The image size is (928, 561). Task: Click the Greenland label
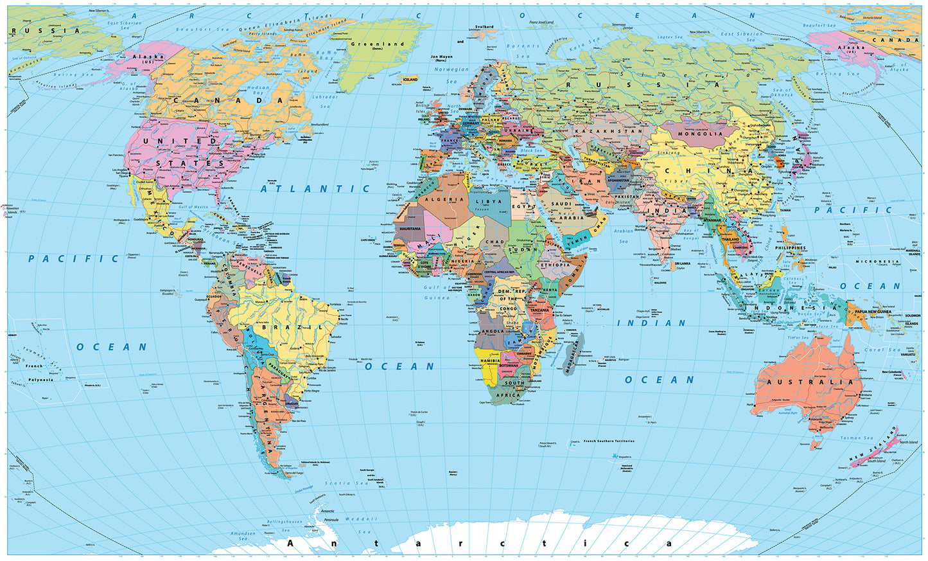pyautogui.click(x=377, y=44)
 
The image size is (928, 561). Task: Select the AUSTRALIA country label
pyautogui.click(x=810, y=382)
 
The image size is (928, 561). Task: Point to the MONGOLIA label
pyautogui.click(x=701, y=134)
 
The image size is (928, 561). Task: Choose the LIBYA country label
pyautogui.click(x=489, y=202)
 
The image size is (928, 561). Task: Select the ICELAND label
pyautogui.click(x=410, y=80)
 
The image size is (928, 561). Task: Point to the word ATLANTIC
pyautogui.click(x=315, y=189)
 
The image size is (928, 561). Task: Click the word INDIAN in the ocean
pyautogui.click(x=651, y=323)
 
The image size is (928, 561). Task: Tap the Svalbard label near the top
pyautogui.click(x=484, y=27)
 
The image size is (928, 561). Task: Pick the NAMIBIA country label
pyautogui.click(x=490, y=361)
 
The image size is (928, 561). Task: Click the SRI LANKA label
pyautogui.click(x=681, y=263)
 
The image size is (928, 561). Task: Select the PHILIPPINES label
pyautogui.click(x=790, y=248)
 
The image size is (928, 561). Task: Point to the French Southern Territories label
pyautogui.click(x=609, y=441)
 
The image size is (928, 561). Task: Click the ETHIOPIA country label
pyautogui.click(x=555, y=265)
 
